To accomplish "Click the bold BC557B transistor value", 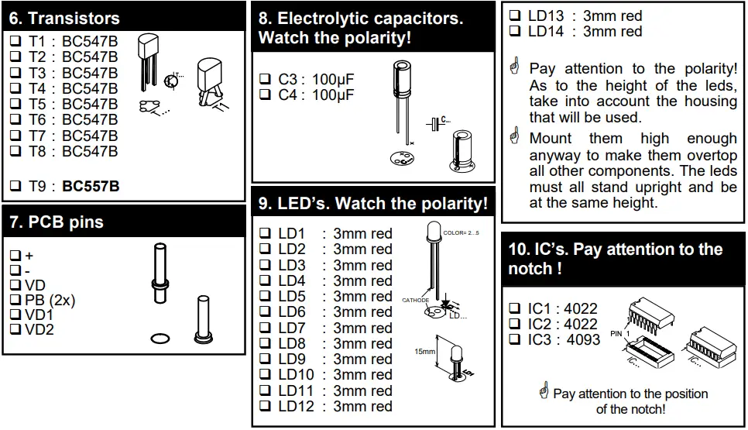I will pyautogui.click(x=91, y=186).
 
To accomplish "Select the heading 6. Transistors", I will pyautogui.click(x=64, y=19).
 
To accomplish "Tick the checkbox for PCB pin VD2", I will pyautogui.click(x=15, y=330).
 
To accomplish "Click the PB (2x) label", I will pyautogui.click(x=50, y=301).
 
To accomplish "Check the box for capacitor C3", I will pyautogui.click(x=264, y=79).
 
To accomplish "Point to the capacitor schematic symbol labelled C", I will pyautogui.click(x=438, y=122).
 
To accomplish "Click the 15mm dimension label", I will pyautogui.click(x=424, y=352).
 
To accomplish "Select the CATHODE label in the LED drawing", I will pyautogui.click(x=415, y=299).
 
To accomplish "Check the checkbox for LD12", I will pyautogui.click(x=264, y=407).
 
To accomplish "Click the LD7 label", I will pyautogui.click(x=292, y=328).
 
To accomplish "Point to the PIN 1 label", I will pyautogui.click(x=617, y=333).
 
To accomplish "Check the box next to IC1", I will pyautogui.click(x=515, y=308).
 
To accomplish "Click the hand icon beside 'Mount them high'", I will pyautogui.click(x=513, y=138).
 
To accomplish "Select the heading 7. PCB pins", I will pyautogui.click(x=57, y=222).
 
